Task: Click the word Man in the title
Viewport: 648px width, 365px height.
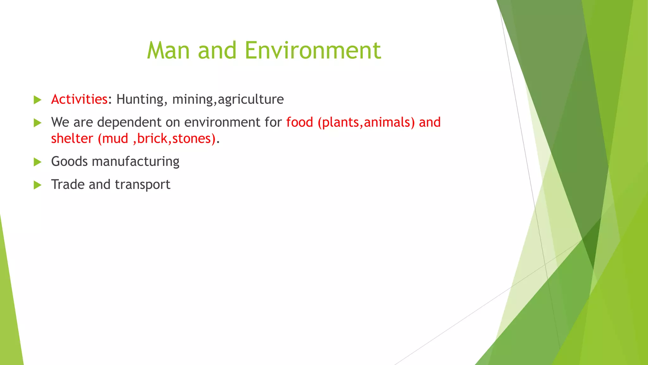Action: point(168,50)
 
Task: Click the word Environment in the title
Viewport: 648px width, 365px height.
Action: point(313,50)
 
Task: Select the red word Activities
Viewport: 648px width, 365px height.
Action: point(79,99)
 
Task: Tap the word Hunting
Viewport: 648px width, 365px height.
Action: point(140,99)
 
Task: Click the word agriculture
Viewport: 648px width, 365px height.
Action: point(251,99)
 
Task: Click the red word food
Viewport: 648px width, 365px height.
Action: point(300,122)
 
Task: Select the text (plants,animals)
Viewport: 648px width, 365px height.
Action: point(366,122)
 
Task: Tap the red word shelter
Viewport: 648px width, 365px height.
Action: point(72,138)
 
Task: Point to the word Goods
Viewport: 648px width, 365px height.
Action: point(69,161)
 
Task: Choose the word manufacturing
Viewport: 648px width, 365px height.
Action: point(136,162)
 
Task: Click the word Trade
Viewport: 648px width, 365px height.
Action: point(68,184)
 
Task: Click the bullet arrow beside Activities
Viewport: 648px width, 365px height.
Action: point(37,100)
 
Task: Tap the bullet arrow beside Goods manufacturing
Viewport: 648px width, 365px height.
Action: point(37,162)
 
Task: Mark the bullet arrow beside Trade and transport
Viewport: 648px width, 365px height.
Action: point(37,185)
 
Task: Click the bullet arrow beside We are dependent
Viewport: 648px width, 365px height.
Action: point(37,123)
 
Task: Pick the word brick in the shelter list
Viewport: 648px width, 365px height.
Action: point(152,138)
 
